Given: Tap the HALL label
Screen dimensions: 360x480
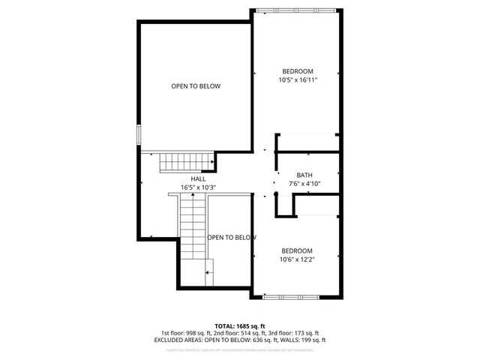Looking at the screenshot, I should [198, 178].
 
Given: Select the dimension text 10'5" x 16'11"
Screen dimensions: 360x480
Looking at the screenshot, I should [295, 80].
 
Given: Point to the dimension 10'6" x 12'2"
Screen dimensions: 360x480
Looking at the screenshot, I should [296, 259].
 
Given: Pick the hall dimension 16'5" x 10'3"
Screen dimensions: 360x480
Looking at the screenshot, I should [198, 187].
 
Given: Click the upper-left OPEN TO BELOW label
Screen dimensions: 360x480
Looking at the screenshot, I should [196, 86].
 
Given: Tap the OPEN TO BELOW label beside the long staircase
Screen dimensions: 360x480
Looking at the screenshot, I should [232, 238].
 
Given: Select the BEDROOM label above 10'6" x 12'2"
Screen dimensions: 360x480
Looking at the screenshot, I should [296, 250].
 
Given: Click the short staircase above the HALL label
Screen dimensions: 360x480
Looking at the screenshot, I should [182, 161].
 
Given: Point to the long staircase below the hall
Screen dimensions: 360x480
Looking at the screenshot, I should [191, 229].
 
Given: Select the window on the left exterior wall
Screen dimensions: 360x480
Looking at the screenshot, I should [137, 133].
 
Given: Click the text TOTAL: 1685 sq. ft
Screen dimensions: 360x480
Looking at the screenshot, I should [240, 325].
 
